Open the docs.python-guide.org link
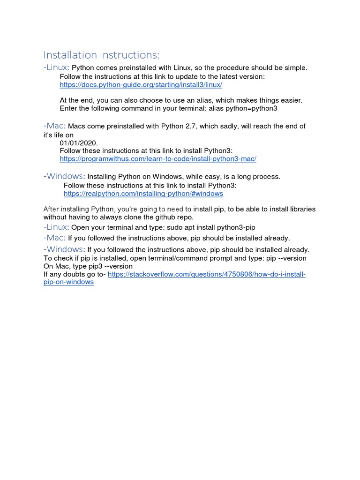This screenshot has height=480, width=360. [141, 85]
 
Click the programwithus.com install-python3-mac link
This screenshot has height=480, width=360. [158, 159]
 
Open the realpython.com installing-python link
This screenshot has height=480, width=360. [143, 193]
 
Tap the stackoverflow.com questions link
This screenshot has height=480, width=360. [206, 274]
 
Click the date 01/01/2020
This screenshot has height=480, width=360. [79, 142]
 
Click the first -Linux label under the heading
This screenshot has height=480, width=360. [56, 67]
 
